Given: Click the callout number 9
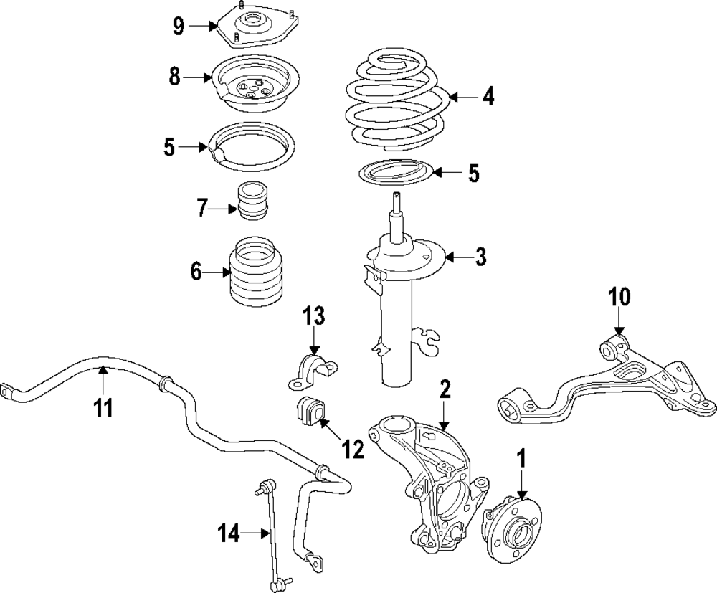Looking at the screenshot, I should [x=179, y=27].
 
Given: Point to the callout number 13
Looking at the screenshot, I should [x=313, y=316].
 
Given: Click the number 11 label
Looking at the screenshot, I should [x=103, y=408].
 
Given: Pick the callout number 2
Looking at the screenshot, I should [x=445, y=390].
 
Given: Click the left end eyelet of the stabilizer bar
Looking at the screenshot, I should [x=9, y=391].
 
